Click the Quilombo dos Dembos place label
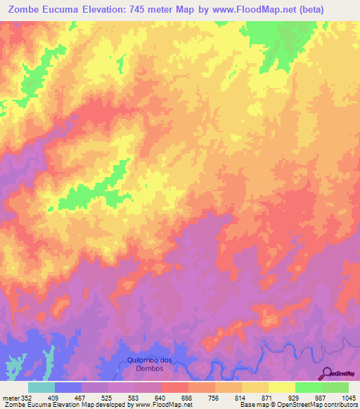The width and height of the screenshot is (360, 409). (x=150, y=364)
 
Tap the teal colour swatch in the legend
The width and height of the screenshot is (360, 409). (x=41, y=387)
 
